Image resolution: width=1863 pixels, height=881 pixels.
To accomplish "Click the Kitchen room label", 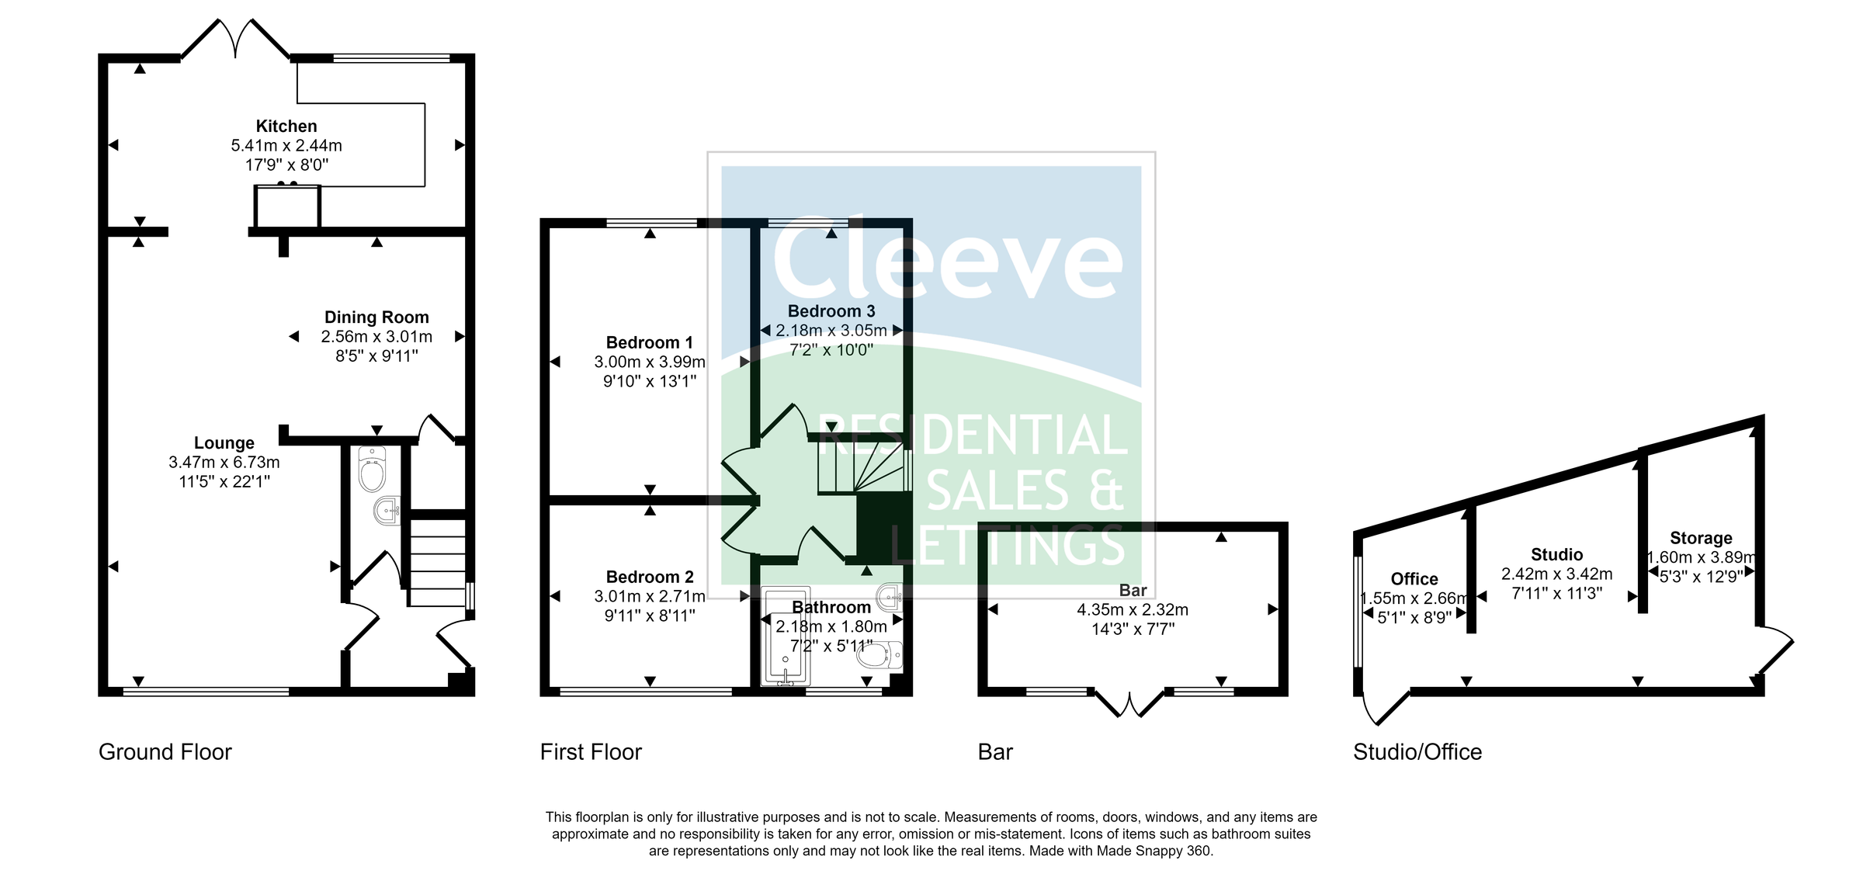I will click(286, 127).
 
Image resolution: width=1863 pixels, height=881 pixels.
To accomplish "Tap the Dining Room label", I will click(376, 317).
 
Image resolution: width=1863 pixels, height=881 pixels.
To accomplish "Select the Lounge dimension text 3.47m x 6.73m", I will click(224, 463).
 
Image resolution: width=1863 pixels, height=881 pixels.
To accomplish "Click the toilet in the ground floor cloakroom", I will click(372, 470).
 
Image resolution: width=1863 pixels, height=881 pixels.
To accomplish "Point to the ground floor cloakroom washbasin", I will click(386, 511).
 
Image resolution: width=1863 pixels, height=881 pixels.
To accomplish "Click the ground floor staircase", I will click(437, 562).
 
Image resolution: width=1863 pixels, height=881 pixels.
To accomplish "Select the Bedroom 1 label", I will click(649, 343).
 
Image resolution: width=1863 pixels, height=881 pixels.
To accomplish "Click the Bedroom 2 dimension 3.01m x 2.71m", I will click(649, 596).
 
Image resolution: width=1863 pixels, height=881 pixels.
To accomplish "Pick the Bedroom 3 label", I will click(831, 311).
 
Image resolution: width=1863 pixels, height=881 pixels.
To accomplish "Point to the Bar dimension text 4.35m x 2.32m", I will click(1132, 610).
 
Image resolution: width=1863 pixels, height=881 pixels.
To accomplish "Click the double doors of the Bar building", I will click(1130, 702).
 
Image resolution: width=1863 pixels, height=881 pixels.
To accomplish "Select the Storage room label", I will click(1701, 539).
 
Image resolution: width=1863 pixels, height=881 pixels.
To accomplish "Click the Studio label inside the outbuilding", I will click(1556, 555).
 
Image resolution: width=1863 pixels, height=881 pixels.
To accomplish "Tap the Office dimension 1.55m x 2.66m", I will click(1414, 598).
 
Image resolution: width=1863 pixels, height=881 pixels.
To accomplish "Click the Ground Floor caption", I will click(165, 752).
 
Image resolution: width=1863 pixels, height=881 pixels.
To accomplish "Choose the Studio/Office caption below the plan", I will click(1417, 752).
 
